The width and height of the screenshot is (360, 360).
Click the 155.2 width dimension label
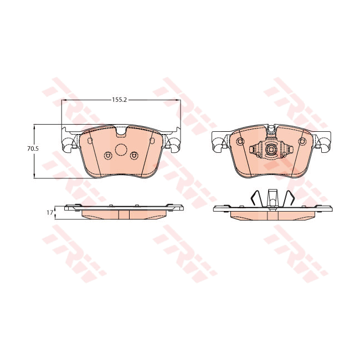coord(120,100)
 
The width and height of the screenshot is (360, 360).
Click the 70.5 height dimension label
coord(33,149)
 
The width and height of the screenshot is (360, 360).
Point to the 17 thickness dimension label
coord(49,212)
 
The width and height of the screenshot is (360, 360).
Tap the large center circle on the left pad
coord(121,150)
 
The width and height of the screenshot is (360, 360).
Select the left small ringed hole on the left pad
coord(108,155)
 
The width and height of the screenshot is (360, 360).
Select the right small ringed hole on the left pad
coord(133,155)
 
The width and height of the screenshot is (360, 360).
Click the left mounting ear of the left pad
coord(69,143)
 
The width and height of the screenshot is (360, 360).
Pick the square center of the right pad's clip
coord(271,150)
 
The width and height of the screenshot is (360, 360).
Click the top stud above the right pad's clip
coord(271,130)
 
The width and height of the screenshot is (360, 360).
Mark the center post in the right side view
coord(271,198)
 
